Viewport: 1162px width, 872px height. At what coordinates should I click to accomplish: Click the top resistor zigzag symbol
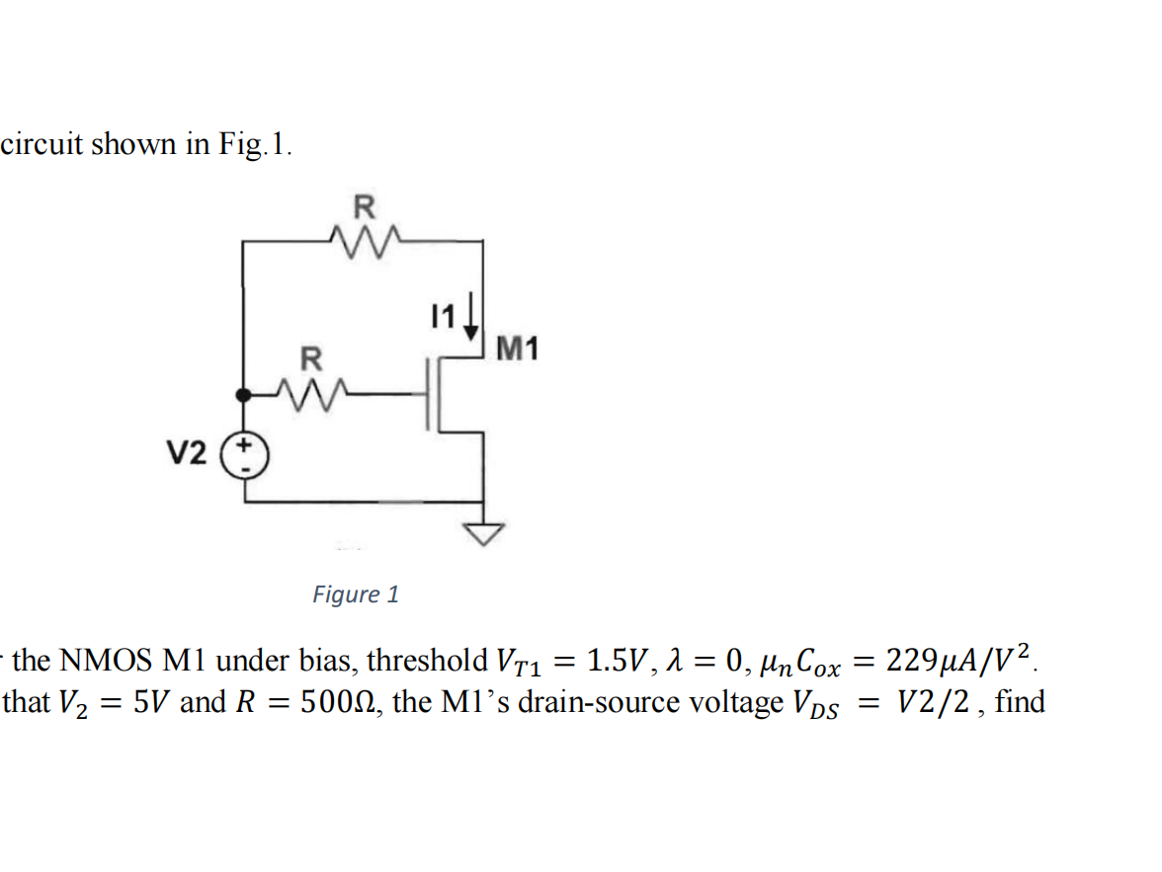(363, 239)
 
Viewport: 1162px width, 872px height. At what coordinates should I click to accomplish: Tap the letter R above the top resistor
(364, 207)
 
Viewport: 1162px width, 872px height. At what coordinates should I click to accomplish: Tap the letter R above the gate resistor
(310, 357)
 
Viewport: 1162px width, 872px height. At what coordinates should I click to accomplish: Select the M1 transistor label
(519, 349)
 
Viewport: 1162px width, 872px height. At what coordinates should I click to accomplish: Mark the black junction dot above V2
(244, 395)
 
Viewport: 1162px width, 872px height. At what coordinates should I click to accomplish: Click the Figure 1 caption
(356, 595)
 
